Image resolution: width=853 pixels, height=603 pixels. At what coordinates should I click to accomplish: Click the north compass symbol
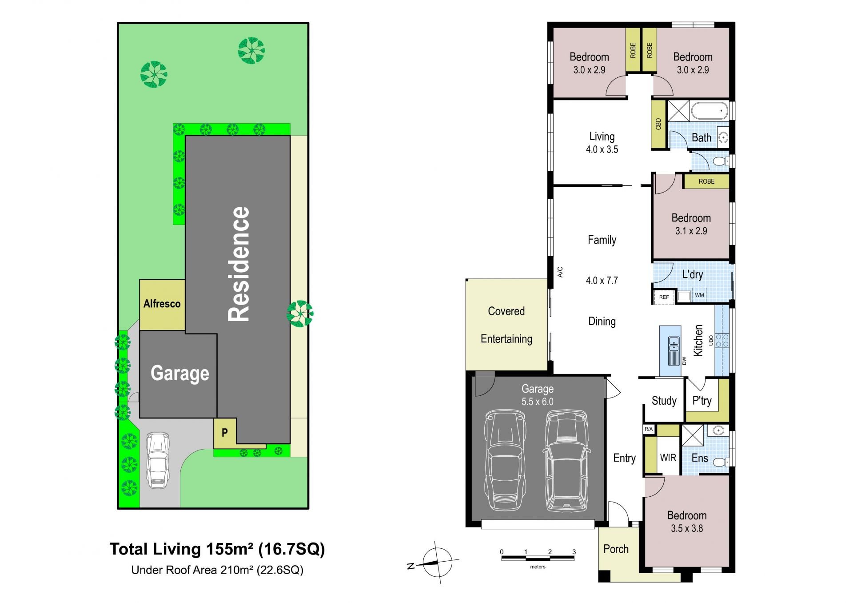tap(438, 563)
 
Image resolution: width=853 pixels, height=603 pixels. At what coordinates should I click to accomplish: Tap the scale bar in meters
tap(538, 557)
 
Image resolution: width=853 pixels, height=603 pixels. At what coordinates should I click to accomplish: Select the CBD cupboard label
tap(658, 124)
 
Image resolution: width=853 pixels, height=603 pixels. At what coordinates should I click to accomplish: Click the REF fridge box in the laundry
tap(664, 297)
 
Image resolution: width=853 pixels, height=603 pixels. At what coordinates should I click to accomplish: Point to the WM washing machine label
tap(699, 295)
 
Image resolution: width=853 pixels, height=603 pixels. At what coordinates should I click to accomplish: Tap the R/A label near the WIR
tap(649, 429)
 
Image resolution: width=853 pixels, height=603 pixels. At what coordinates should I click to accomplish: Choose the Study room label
tap(664, 401)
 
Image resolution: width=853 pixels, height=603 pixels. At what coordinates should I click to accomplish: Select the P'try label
tap(702, 401)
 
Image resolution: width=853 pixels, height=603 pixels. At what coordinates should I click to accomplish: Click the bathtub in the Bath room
tap(710, 111)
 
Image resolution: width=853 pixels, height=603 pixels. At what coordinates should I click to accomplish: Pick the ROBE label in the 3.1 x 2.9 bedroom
tap(706, 181)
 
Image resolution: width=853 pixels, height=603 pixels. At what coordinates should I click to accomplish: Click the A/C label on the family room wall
tap(560, 272)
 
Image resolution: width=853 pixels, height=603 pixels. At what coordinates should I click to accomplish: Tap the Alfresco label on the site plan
tap(162, 304)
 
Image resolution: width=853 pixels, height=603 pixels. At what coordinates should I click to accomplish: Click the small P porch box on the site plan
tap(225, 432)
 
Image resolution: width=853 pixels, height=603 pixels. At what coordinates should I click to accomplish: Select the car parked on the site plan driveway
tap(158, 460)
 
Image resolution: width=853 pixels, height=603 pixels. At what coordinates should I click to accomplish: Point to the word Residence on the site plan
tap(239, 264)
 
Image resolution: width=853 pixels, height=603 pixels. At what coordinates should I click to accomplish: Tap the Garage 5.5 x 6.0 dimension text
tap(538, 402)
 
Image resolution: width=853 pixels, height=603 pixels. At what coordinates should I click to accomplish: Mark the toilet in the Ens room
tap(720, 462)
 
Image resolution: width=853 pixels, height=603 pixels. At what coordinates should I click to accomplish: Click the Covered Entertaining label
tap(506, 325)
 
